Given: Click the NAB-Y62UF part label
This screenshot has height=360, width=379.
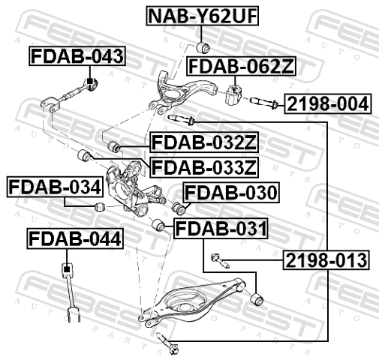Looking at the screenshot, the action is (x=202, y=16).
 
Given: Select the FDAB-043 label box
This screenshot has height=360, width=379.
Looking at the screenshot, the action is (x=77, y=56).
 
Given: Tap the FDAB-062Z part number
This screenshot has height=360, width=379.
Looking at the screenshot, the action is (x=242, y=66).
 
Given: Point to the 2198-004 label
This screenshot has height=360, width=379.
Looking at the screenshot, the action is (x=328, y=103).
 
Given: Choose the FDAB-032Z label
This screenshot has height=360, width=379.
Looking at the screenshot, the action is (x=204, y=142).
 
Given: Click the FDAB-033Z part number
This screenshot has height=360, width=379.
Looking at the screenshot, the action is (x=204, y=168).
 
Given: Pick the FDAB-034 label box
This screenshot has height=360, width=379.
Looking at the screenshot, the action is (x=55, y=187).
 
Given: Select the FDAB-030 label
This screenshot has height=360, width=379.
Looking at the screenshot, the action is (x=231, y=193).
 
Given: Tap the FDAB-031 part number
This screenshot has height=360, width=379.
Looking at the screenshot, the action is (x=221, y=229).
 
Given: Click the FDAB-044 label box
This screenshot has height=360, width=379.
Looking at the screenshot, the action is (x=75, y=238).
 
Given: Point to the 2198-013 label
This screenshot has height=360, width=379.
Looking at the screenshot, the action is (x=326, y=260).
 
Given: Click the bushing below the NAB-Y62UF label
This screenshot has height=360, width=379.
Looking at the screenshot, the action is (x=203, y=47).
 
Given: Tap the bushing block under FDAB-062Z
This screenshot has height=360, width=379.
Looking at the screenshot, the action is (x=233, y=95).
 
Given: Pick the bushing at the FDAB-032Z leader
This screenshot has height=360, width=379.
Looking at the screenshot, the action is (x=114, y=146).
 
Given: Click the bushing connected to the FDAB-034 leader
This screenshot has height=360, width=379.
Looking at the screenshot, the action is (x=99, y=207).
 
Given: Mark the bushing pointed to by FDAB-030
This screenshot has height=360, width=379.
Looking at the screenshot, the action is (x=179, y=208).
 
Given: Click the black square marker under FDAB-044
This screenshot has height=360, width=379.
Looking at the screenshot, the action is (x=66, y=269).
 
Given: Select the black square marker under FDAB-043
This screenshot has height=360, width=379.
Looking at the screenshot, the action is (x=89, y=82).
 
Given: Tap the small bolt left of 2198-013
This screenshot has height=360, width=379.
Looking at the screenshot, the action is (x=220, y=260).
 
